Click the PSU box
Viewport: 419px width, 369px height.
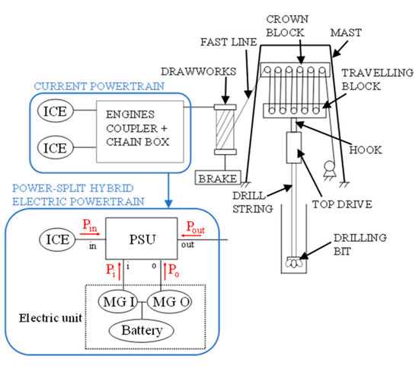(140, 241)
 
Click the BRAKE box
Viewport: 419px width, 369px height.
(216, 177)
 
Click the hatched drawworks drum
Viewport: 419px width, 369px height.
(224, 131)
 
